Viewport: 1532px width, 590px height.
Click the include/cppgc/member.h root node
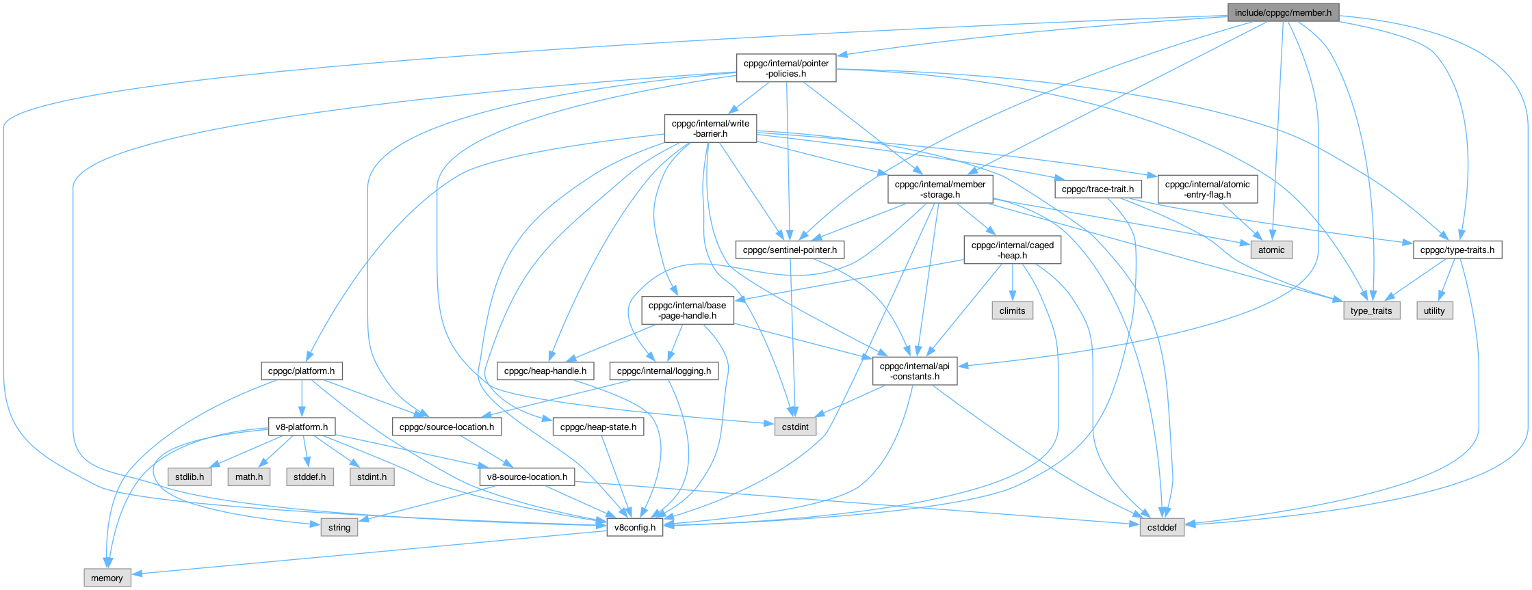[1282, 12]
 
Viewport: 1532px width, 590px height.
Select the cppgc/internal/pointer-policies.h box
[786, 68]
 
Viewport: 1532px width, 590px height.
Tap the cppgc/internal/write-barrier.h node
[710, 129]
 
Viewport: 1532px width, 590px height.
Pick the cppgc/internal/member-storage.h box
[940, 189]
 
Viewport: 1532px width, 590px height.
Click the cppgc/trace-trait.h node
[1098, 189]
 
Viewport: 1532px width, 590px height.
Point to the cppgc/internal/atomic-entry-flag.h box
[1207, 189]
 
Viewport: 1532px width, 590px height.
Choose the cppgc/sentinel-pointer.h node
[790, 250]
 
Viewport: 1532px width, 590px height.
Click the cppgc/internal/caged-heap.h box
[1012, 250]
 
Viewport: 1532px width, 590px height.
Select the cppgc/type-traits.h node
[1457, 250]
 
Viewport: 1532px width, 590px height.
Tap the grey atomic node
[1271, 250]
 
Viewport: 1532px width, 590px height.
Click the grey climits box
[1012, 310]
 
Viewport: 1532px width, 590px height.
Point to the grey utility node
[1434, 310]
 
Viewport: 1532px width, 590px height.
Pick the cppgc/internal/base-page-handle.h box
[687, 310]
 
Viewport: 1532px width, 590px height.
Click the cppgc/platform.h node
[301, 371]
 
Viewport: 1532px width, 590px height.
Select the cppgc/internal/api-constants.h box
[914, 371]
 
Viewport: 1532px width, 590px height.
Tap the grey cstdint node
[795, 427]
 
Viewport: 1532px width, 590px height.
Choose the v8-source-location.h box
[527, 477]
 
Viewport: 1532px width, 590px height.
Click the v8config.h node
[635, 528]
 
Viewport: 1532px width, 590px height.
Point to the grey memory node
[107, 578]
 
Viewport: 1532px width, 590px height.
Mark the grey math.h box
[249, 477]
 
